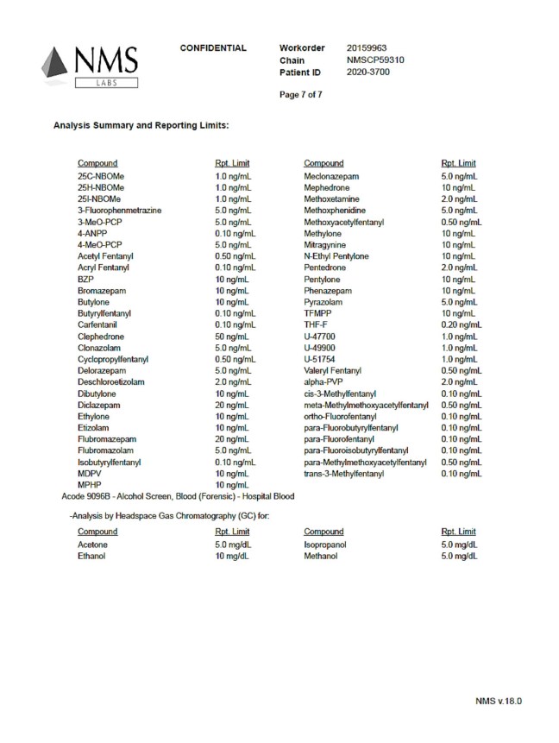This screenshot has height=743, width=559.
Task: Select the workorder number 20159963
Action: (x=367, y=47)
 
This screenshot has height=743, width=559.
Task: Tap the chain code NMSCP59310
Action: (x=375, y=60)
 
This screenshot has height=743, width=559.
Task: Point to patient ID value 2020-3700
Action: (x=368, y=73)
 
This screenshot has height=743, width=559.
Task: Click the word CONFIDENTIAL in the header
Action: (x=213, y=47)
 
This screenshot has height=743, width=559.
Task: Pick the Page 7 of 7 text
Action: (x=300, y=94)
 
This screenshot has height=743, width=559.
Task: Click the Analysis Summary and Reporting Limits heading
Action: (x=141, y=126)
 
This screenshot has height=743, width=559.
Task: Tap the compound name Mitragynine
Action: (x=324, y=245)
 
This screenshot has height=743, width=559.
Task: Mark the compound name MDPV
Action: (x=91, y=474)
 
